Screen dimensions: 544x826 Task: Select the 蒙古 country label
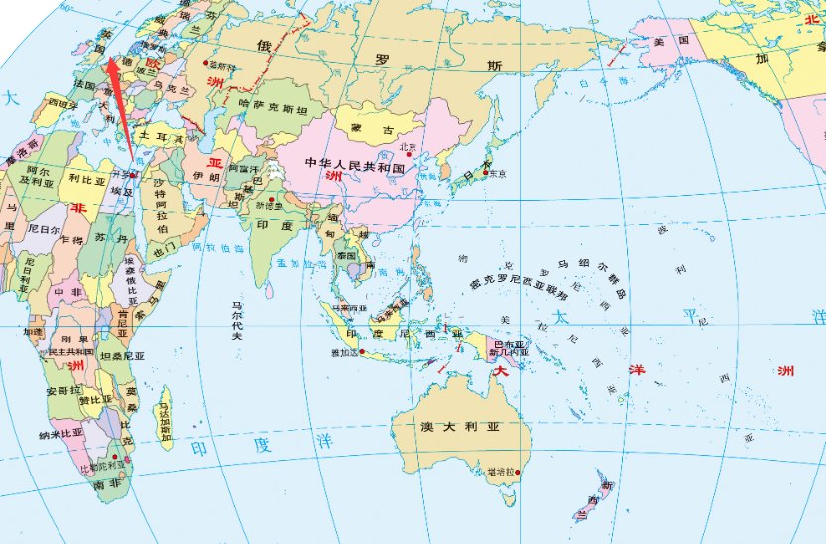(368, 130)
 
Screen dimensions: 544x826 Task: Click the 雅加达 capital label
(345, 352)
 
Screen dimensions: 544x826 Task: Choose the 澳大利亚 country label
(457, 427)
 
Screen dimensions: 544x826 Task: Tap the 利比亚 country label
(86, 182)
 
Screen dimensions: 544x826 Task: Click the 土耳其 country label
(158, 135)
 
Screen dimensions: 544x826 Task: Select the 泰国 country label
(346, 255)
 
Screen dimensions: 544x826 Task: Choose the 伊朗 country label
(206, 177)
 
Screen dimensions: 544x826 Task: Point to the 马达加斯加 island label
(165, 420)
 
